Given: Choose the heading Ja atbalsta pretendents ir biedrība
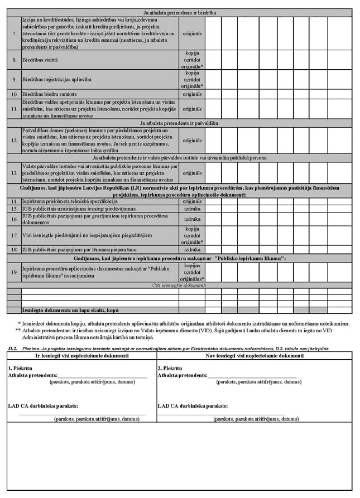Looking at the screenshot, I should click(180, 12).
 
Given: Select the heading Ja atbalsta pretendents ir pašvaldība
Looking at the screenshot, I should click(180, 120).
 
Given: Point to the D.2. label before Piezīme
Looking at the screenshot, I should click(12, 347).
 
